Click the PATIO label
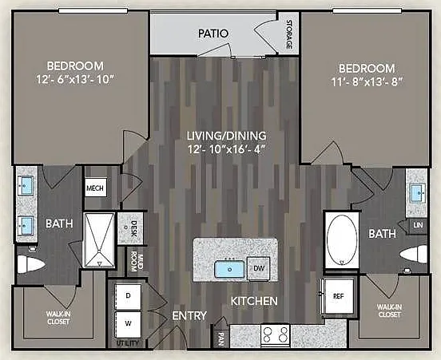(x=213, y=34)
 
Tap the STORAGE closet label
(x=289, y=34)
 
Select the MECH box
(x=96, y=188)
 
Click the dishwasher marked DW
(x=259, y=268)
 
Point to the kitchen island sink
(x=229, y=269)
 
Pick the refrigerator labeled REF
(x=339, y=296)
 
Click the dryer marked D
(x=129, y=296)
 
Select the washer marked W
(x=129, y=324)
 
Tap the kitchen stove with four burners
(x=276, y=334)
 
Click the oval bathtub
(x=342, y=239)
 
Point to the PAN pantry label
(x=220, y=339)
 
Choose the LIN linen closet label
(x=418, y=225)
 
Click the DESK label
(x=134, y=228)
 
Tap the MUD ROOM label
(x=137, y=263)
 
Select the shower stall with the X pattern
(x=100, y=240)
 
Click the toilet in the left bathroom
(x=30, y=263)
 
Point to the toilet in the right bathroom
(x=414, y=254)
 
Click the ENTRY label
(x=189, y=315)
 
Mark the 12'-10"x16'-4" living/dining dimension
(x=227, y=149)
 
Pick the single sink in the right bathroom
(x=419, y=192)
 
